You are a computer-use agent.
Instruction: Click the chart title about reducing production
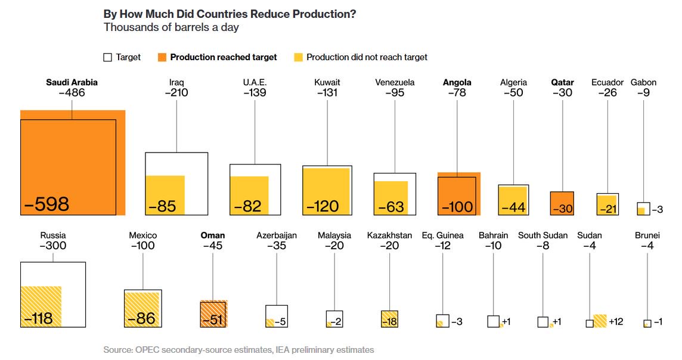pyautogui.click(x=230, y=14)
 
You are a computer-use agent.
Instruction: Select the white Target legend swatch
pyautogui.click(x=108, y=58)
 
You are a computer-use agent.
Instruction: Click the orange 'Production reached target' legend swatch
pyautogui.click(x=162, y=58)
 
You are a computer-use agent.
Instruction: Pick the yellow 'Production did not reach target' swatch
pyautogui.click(x=298, y=58)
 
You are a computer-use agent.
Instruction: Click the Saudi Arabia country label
pyautogui.click(x=72, y=82)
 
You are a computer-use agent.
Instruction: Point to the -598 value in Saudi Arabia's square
pyautogui.click(x=47, y=204)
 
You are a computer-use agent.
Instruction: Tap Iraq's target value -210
pyautogui.click(x=176, y=93)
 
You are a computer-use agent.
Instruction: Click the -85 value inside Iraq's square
pyautogui.click(x=162, y=206)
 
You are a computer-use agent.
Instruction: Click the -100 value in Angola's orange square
pyautogui.click(x=457, y=207)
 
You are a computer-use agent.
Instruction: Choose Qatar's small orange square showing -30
pyautogui.click(x=562, y=203)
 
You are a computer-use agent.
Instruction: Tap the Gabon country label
pyautogui.click(x=643, y=82)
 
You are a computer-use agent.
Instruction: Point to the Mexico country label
pyautogui.click(x=142, y=235)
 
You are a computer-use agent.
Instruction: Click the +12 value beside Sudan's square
pyautogui.click(x=616, y=322)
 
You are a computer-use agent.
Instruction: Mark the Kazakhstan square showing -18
pyautogui.click(x=389, y=319)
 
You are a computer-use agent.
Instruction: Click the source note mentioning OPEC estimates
pyautogui.click(x=238, y=350)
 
